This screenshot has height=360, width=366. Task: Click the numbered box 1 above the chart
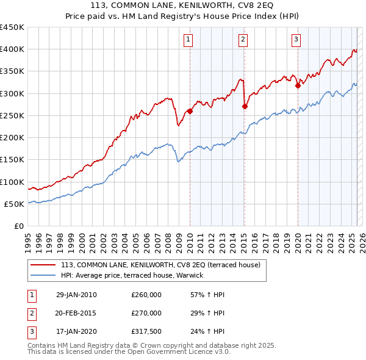[188, 40]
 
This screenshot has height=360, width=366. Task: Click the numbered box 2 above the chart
[243, 40]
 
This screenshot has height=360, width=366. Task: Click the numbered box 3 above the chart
[296, 40]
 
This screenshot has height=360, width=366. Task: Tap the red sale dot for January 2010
[190, 111]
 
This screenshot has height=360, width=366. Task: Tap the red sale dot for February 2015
[245, 106]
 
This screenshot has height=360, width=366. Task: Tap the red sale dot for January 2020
[298, 85]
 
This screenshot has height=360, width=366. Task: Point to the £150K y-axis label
[13, 160]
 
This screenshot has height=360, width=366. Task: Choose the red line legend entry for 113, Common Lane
[160, 264]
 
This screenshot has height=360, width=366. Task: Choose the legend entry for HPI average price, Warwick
[135, 275]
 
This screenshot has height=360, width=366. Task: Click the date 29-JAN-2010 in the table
[76, 295]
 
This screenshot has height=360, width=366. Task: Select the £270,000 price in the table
[146, 313]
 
